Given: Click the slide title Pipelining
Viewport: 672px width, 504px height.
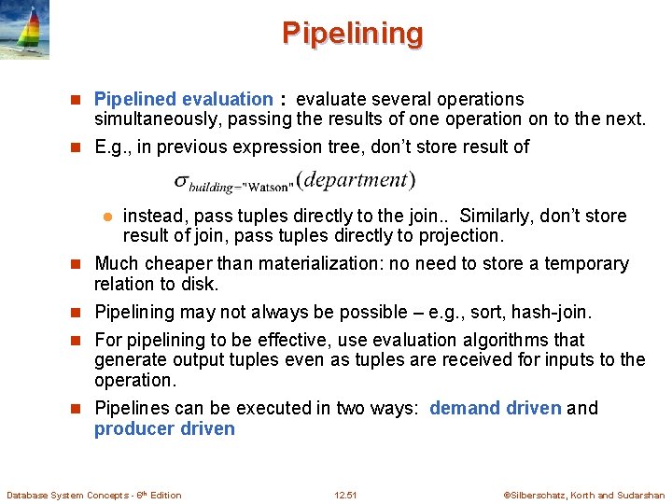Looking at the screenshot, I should (352, 34).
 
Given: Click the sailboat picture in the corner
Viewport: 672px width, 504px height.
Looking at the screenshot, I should (24, 30).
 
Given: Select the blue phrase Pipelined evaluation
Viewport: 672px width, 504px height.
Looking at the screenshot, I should (183, 99).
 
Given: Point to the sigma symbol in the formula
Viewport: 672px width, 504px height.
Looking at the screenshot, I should (183, 181).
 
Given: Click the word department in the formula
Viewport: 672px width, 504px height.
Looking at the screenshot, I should (358, 179).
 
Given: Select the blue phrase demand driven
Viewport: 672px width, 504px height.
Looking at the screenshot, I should (495, 408).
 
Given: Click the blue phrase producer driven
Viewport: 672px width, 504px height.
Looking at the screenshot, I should (164, 428).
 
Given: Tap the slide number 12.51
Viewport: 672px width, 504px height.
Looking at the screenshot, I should (345, 495).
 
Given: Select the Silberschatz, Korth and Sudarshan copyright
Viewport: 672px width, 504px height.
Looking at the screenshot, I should (583, 495).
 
